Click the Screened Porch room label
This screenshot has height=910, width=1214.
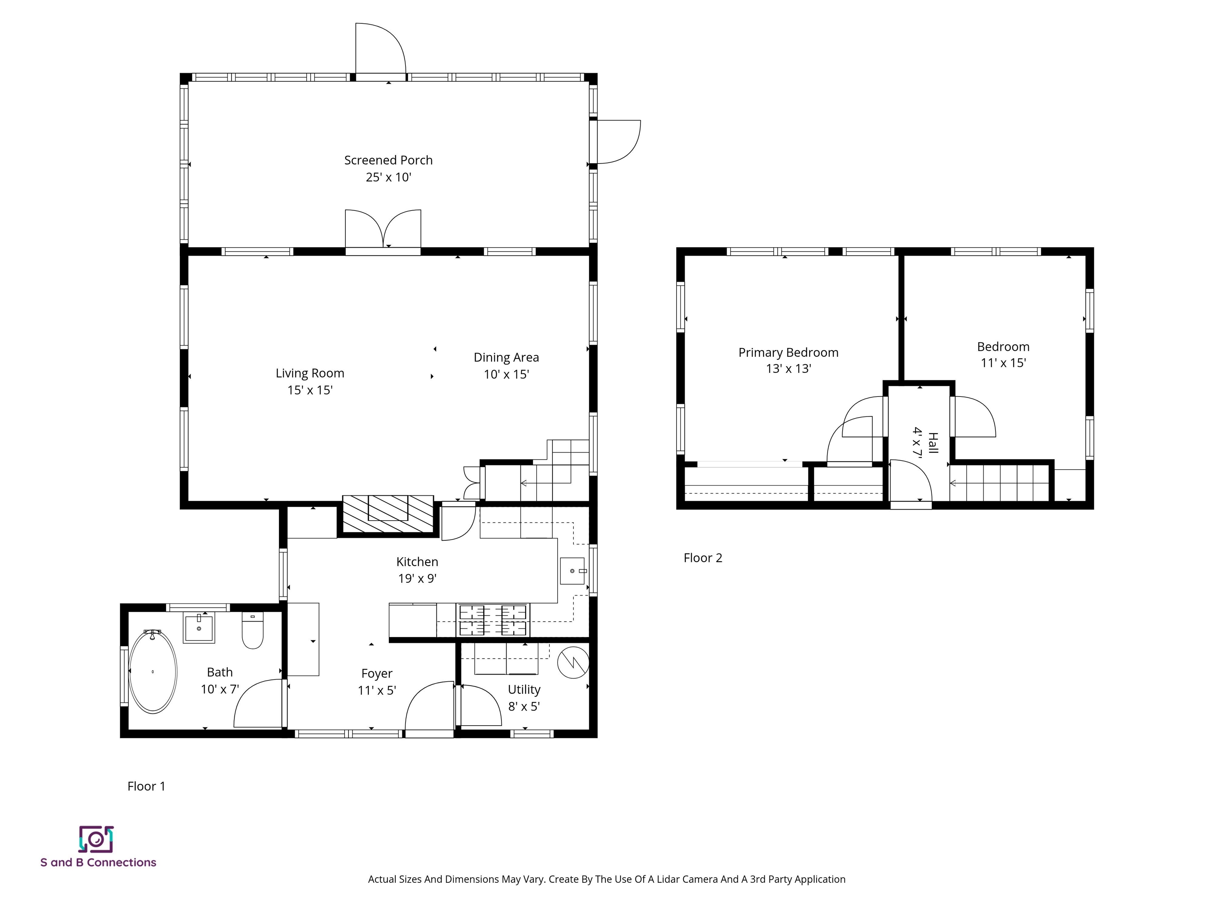click(x=388, y=160)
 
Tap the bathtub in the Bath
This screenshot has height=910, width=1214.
click(x=153, y=671)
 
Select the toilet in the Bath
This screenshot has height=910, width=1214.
click(x=253, y=631)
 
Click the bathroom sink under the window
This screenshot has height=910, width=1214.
click(x=199, y=628)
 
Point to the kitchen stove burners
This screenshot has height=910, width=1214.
click(x=492, y=620)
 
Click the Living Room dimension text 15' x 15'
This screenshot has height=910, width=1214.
click(x=310, y=390)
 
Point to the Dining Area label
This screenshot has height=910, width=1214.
click(x=506, y=357)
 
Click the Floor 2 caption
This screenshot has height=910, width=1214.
click(x=703, y=558)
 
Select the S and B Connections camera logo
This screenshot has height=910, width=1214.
click(x=96, y=839)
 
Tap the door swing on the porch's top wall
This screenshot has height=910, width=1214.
click(x=381, y=49)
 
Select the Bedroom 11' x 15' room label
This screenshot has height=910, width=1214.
click(x=1003, y=355)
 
